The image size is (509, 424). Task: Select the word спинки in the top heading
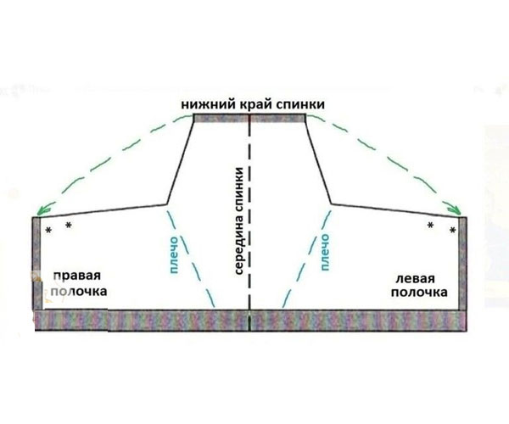click(x=300, y=104)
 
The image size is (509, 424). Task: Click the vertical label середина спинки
click(x=238, y=221)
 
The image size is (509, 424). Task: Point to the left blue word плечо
click(x=174, y=255)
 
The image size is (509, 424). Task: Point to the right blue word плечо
click(x=325, y=252)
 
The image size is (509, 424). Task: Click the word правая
click(x=77, y=276)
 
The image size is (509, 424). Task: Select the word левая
click(x=415, y=279)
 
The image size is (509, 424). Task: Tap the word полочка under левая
click(x=419, y=293)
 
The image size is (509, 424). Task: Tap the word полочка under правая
click(x=79, y=292)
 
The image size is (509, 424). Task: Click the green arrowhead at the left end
click(x=42, y=211)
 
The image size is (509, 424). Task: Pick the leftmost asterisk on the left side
click(x=48, y=231)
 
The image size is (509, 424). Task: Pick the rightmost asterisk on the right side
click(x=452, y=231)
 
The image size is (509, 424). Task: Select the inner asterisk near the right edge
click(x=430, y=225)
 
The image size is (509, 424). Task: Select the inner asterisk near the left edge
click(x=69, y=225)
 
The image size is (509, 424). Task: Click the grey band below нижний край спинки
click(x=249, y=118)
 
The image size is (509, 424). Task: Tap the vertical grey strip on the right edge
click(x=462, y=264)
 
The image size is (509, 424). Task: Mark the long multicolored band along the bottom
click(x=251, y=321)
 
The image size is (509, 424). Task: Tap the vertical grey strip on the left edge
click(x=36, y=264)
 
